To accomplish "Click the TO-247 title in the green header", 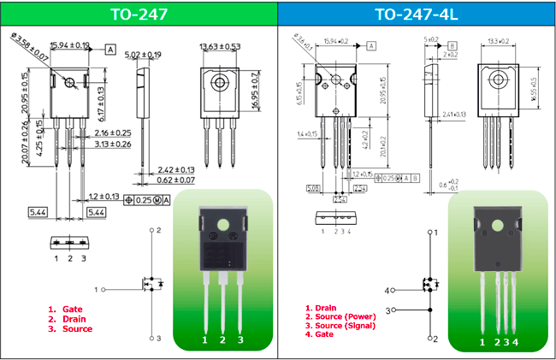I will (139, 13).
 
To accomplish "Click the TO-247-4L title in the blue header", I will (417, 13).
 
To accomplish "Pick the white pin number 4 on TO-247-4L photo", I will (516, 342).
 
